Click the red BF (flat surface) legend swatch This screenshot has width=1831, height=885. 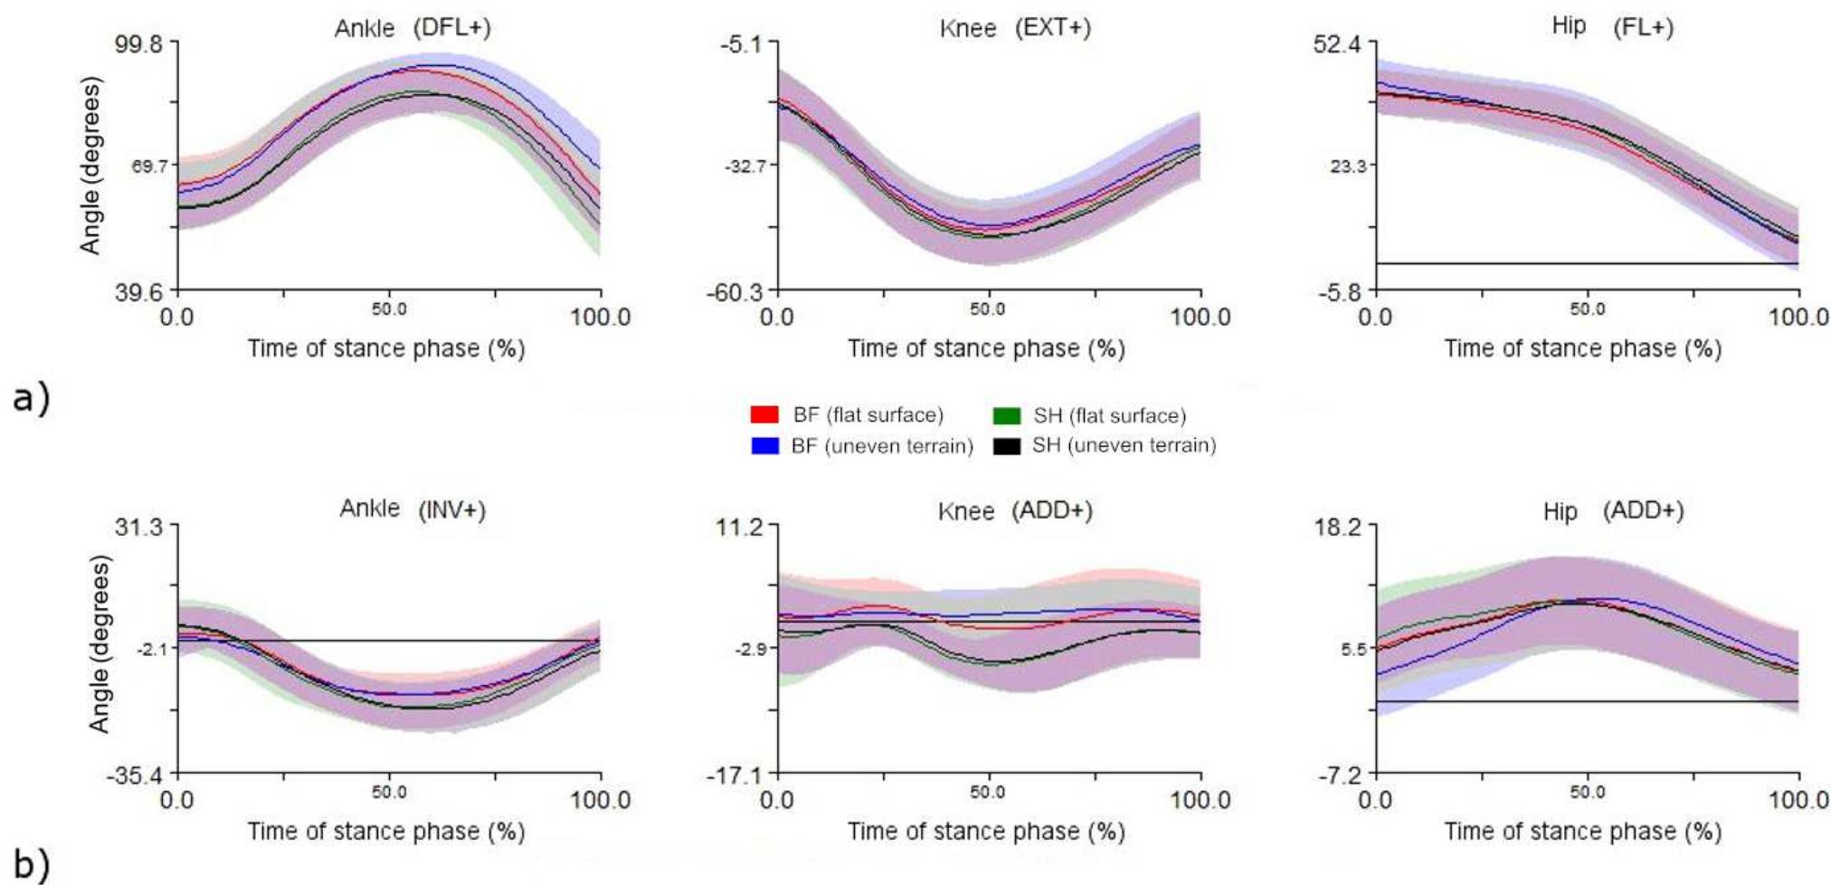click(x=764, y=415)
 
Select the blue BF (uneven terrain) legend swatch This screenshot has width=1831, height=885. click(x=764, y=445)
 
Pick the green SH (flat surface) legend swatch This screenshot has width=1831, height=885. click(x=1006, y=416)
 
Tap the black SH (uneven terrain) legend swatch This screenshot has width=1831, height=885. click(x=1006, y=445)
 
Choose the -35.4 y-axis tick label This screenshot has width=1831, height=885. click(x=139, y=776)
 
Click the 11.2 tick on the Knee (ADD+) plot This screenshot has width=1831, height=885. click(x=741, y=528)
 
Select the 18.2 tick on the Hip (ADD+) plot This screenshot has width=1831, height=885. click(x=1338, y=528)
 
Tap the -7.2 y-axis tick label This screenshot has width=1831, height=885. click(x=1341, y=776)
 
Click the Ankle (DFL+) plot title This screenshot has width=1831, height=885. click(x=413, y=28)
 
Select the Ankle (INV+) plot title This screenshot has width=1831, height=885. click(x=413, y=509)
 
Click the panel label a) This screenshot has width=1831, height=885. click(x=31, y=398)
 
